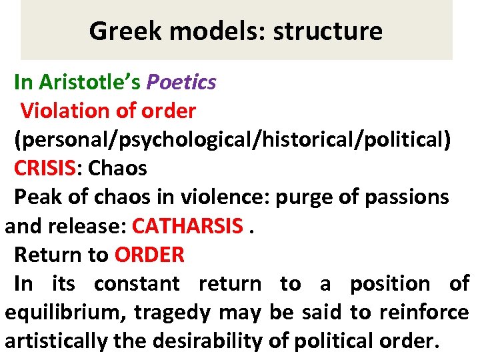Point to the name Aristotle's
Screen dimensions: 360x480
90,82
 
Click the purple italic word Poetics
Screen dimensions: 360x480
181,82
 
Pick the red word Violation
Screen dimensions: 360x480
62,110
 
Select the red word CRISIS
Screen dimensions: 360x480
45,168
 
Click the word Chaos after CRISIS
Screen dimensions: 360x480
117,168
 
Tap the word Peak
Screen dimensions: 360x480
33,197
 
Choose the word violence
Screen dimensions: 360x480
231,197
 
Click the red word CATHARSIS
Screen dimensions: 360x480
187,226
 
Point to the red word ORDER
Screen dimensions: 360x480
149,255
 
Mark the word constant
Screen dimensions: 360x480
136,284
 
